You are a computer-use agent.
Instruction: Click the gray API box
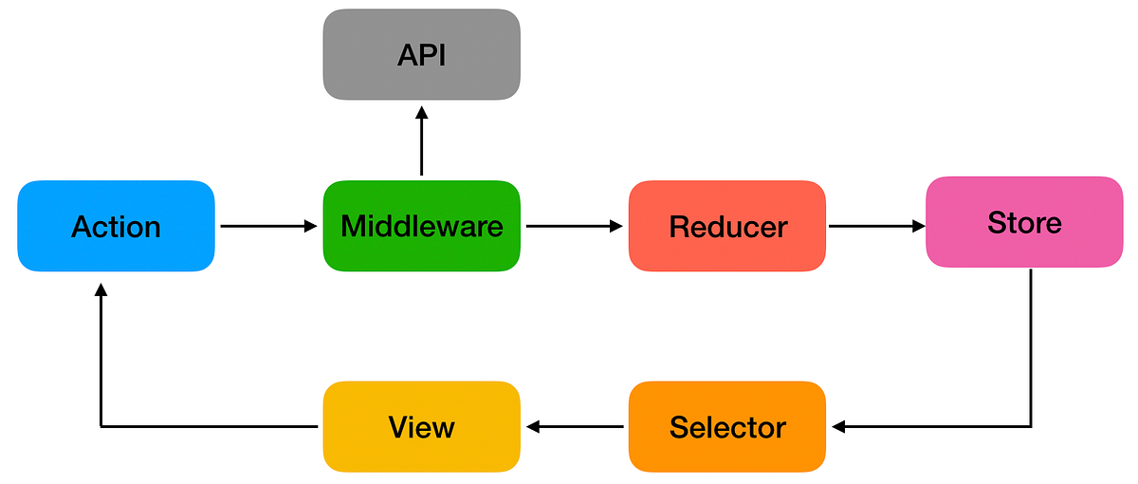(421, 54)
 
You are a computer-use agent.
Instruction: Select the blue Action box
(116, 226)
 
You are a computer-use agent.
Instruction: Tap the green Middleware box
(421, 226)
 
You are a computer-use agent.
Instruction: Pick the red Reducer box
(727, 226)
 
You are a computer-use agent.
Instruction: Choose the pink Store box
(1024, 222)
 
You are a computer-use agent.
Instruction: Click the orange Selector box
(727, 426)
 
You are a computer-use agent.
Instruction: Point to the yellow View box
(421, 426)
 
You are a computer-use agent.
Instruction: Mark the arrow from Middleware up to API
(421, 142)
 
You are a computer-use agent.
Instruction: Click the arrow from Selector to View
(575, 427)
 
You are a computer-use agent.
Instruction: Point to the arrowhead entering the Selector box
(838, 427)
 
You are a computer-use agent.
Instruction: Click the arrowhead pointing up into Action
(101, 290)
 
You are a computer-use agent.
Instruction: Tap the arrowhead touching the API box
(421, 113)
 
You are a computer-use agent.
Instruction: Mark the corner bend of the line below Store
(1031, 427)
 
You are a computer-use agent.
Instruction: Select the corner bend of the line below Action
(101, 427)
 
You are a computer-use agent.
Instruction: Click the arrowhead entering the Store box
(918, 226)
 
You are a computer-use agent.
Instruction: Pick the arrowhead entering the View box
(533, 427)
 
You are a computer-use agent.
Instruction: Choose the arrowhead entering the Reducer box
(616, 226)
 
